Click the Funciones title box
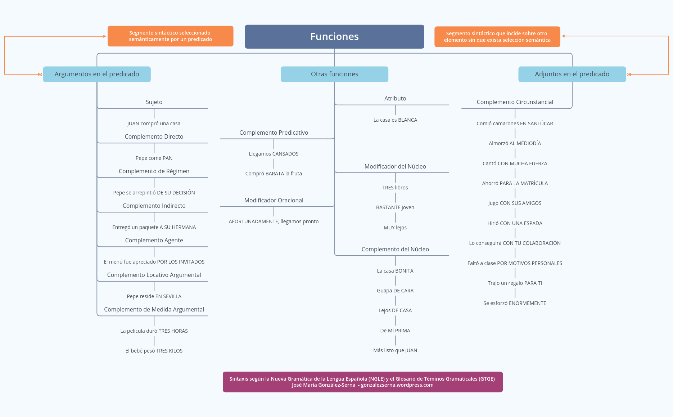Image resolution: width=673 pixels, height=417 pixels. coord(334,36)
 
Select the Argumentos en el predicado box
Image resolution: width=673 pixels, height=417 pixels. coord(97,74)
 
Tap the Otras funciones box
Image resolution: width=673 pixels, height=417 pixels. coord(334,74)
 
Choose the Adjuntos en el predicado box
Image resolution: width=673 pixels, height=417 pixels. coord(572,74)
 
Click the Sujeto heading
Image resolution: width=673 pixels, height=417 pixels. coord(154,102)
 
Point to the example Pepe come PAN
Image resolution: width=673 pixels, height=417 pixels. coord(154,158)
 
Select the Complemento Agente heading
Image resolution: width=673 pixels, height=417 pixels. coord(154,240)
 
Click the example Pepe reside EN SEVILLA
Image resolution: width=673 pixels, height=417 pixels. coord(154,296)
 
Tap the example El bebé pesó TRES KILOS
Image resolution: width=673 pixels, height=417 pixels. coord(154,351)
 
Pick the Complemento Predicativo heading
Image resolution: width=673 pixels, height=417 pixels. coord(274,133)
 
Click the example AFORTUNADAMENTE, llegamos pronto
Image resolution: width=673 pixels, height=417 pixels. coord(274,221)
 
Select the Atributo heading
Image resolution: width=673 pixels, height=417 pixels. coord(395,98)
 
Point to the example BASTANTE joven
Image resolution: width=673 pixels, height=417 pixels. coord(395,207)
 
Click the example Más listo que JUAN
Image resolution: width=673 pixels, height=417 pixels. coord(395,350)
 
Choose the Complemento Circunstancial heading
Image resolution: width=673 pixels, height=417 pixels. coord(515,102)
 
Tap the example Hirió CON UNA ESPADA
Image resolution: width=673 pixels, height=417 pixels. coord(515,223)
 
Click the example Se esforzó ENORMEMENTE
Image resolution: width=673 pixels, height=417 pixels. coord(515,303)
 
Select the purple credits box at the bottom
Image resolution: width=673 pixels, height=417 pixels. coord(362,382)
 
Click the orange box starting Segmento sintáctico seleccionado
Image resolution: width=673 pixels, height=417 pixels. coord(170,36)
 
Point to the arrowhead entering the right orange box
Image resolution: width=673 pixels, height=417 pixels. coord(564,36)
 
